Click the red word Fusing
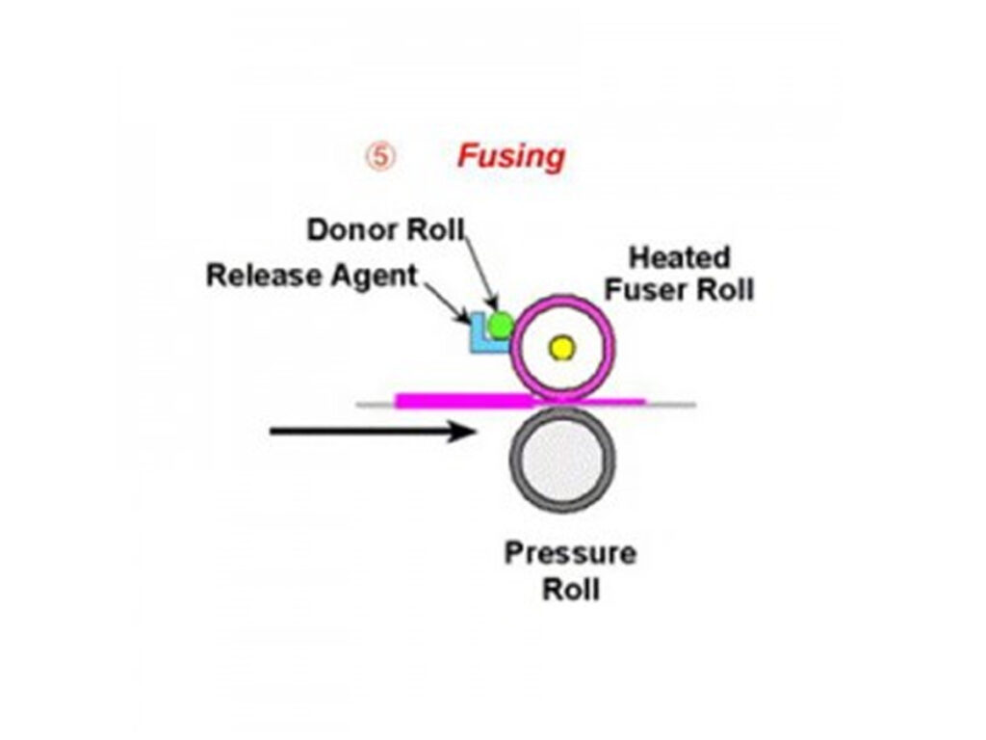510,155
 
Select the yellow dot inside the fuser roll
561,348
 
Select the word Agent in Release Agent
374,276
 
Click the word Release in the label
264,276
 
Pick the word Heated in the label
679,258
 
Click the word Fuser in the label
662,289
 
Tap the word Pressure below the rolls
570,554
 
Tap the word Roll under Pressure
570,589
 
